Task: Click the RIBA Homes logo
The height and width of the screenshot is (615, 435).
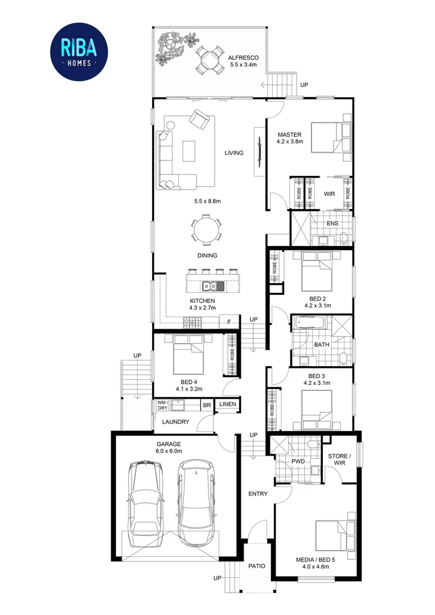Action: (79, 52)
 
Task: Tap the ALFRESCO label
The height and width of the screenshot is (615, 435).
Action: (243, 58)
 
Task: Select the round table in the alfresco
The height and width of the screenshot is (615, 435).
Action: (209, 60)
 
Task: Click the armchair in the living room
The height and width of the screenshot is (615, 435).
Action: (200, 119)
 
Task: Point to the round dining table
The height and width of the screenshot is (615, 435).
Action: (206, 228)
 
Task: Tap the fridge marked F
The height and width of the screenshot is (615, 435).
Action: (229, 322)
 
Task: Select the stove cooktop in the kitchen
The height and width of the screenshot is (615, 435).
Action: (192, 323)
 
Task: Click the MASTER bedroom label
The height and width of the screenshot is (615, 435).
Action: (289, 134)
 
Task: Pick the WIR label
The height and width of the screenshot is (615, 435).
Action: (329, 194)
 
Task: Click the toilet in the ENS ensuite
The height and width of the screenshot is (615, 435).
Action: (343, 239)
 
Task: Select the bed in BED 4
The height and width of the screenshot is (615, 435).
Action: (188, 354)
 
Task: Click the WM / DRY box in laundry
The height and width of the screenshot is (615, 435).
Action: (162, 405)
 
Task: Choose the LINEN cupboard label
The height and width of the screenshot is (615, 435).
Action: (228, 404)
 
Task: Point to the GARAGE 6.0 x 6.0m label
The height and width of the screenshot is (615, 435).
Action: (169, 448)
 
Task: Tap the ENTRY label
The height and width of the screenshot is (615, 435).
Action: (258, 494)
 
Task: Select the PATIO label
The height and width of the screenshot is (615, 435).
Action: (257, 566)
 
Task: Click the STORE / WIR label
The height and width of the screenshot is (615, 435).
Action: (339, 460)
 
